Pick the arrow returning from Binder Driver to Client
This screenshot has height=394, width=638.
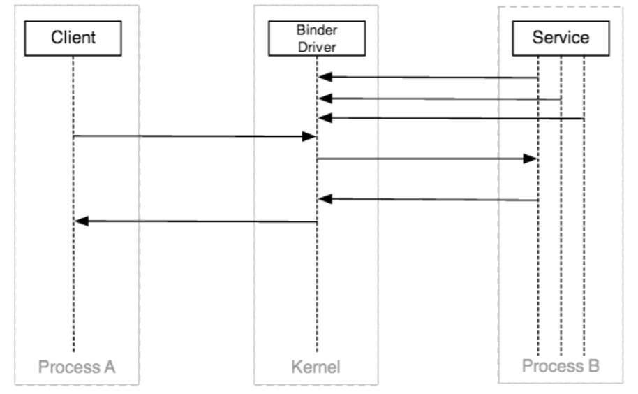[195, 221]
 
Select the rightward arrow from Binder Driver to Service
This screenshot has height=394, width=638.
[426, 159]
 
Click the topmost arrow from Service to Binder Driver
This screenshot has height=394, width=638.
[429, 77]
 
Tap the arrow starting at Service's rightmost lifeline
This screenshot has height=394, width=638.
[454, 119]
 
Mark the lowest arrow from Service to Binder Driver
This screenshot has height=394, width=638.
[429, 200]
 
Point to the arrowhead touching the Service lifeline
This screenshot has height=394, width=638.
[531, 159]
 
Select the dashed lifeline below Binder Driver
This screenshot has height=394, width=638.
[317, 293]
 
